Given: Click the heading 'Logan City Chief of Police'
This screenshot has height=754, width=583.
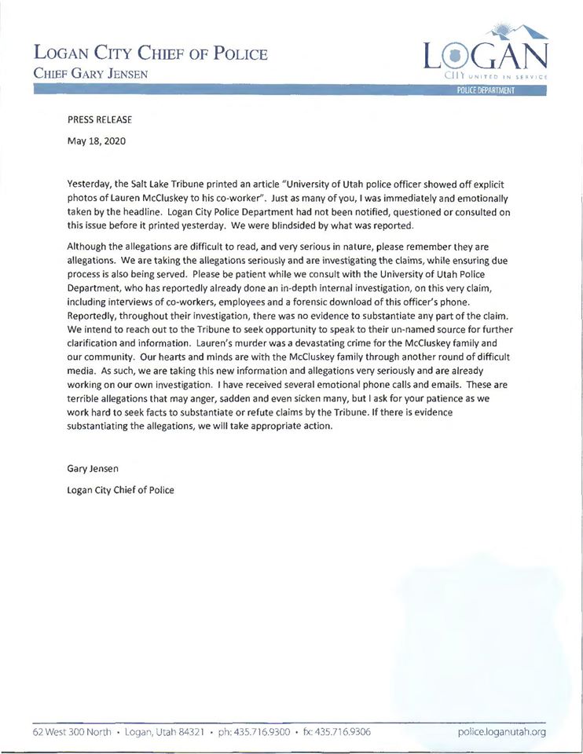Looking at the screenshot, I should [151, 54].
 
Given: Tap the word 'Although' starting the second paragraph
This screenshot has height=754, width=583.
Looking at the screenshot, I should [88, 247].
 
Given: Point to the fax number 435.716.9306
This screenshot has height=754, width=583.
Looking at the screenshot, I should [346, 732].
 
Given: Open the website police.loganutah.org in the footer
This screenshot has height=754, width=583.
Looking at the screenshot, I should [501, 732].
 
